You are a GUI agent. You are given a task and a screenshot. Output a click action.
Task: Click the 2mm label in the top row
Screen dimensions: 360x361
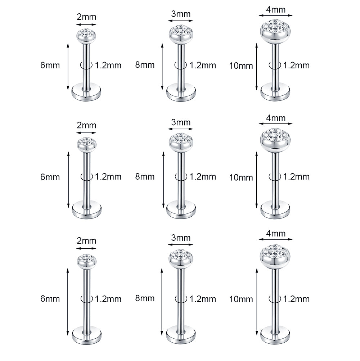(x=86, y=17)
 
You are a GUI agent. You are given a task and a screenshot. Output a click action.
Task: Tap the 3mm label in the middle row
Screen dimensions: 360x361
(x=181, y=122)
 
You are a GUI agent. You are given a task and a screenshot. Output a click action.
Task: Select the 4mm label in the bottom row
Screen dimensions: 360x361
(x=276, y=234)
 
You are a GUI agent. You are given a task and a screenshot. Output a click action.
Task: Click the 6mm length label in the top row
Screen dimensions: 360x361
(x=50, y=66)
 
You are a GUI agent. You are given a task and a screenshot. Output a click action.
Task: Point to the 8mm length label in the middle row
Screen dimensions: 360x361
(x=145, y=177)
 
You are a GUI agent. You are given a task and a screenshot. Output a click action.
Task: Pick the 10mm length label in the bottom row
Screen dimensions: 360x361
(x=241, y=299)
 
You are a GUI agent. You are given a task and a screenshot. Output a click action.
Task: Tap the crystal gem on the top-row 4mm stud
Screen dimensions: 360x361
(x=275, y=26)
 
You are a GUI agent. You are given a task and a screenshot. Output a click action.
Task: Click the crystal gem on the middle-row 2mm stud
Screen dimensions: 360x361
(x=87, y=141)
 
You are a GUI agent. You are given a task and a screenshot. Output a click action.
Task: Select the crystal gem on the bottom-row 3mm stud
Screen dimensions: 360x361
(x=181, y=254)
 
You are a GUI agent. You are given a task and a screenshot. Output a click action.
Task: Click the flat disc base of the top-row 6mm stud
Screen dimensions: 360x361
(x=86, y=93)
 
